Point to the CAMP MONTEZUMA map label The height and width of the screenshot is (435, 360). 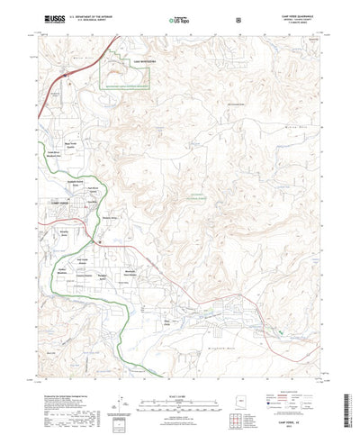145,61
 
